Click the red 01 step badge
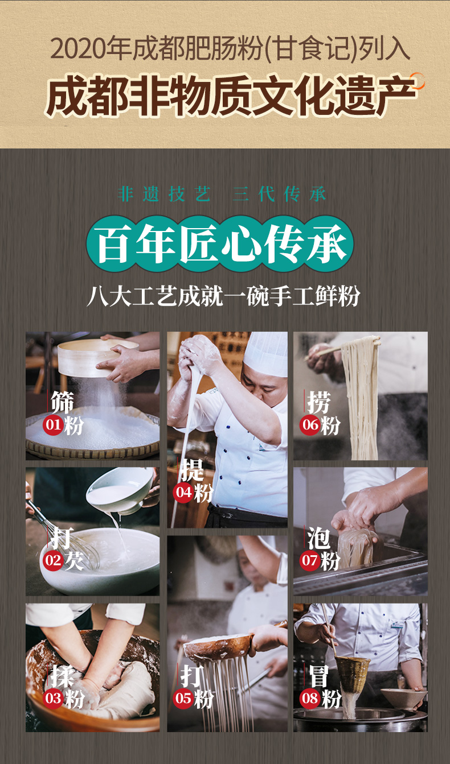53,425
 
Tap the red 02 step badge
53,561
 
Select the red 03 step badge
53,698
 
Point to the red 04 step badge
183,493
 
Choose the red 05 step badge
183,698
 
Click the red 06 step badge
310,425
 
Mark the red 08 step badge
310,698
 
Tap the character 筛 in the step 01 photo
62,402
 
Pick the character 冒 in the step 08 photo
319,675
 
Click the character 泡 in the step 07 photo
318,538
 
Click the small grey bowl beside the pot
403,698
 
